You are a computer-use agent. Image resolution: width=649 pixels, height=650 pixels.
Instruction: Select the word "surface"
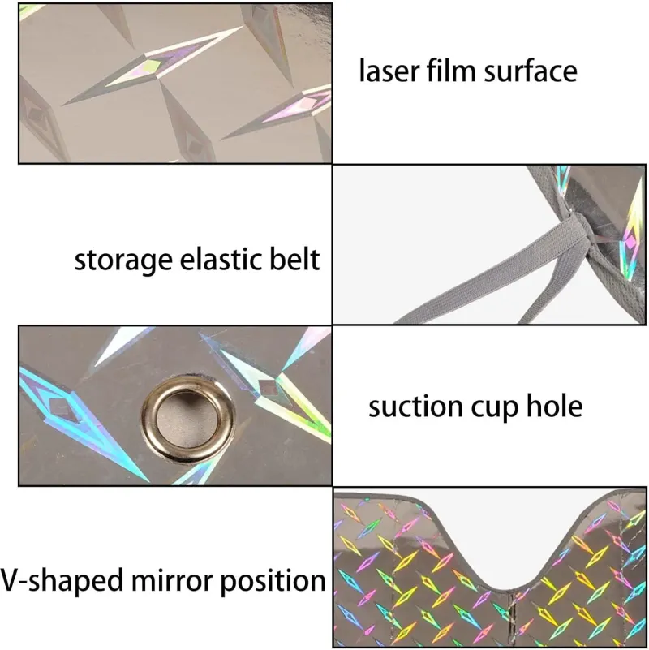pos(531,71)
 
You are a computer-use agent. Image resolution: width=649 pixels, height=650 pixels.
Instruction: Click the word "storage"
pos(123,260)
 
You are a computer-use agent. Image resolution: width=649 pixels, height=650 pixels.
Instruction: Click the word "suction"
pos(415,407)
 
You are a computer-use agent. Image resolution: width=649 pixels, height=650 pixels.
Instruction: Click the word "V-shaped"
pos(62,581)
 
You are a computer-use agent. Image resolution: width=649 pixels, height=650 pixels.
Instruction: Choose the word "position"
pos(273,581)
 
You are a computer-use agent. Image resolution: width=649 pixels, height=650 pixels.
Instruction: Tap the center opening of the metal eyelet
pos(187,419)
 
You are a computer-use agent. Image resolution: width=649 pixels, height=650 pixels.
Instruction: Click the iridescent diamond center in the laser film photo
pos(151,66)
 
